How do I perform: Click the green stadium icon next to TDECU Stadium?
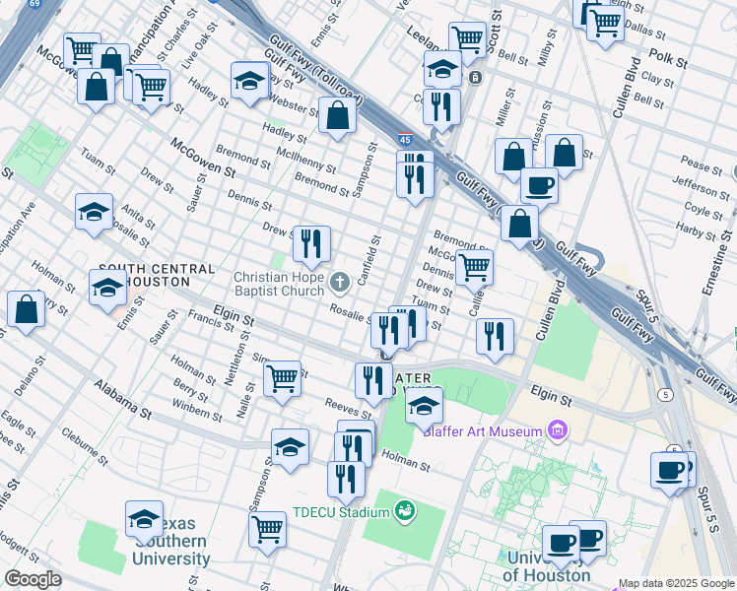[x=403, y=510]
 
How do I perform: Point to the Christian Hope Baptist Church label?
[x=279, y=283]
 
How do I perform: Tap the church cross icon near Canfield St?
[x=340, y=284]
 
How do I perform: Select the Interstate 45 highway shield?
[x=405, y=140]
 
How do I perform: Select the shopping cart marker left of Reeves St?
[x=283, y=377]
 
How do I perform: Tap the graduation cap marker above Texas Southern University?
[x=144, y=519]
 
